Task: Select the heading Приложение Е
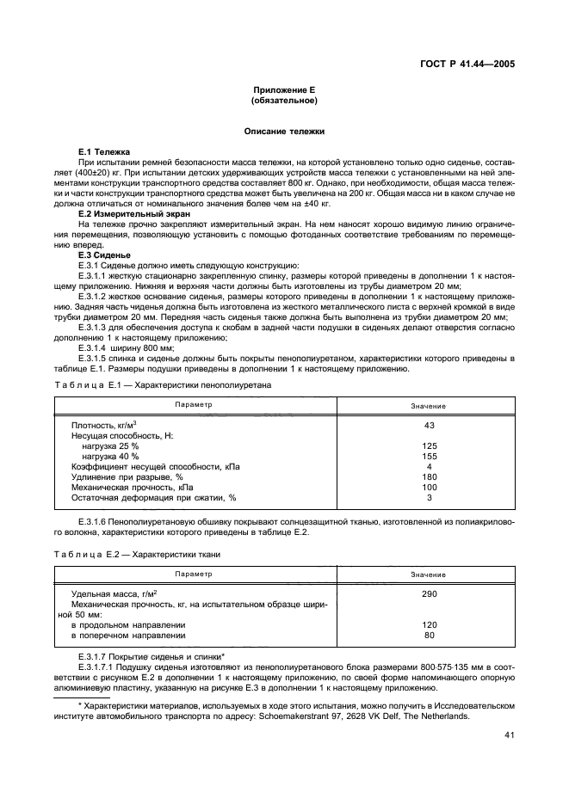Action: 284,90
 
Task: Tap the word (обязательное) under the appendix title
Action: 284,101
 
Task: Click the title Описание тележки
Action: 284,132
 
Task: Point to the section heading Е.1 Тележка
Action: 102,151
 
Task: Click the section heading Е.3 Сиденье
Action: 104,255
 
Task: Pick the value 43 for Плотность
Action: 429,425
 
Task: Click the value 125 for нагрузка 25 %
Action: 429,446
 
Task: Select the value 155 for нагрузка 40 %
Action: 429,456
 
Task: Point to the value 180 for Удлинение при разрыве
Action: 429,476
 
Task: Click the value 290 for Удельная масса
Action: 429,594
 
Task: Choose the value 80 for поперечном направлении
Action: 429,636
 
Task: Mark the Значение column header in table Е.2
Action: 428,574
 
